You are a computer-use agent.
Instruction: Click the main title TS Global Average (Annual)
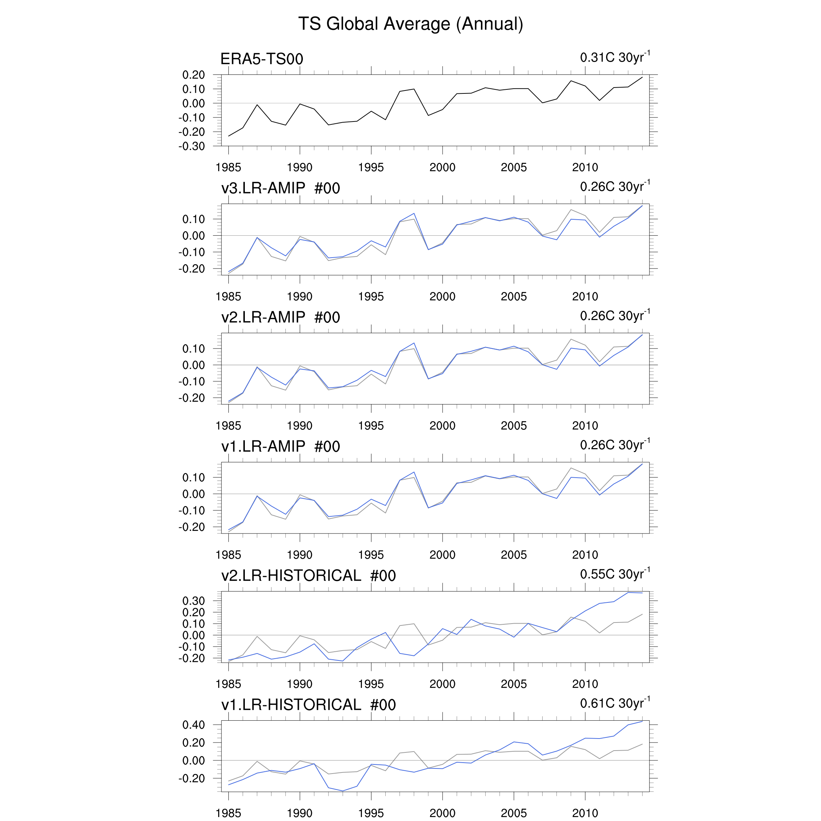point(410,24)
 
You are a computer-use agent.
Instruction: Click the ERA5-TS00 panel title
point(262,59)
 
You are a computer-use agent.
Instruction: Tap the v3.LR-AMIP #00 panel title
point(281,188)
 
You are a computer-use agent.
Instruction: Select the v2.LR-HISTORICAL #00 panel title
point(308,576)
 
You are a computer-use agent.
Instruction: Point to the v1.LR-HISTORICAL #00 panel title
point(308,705)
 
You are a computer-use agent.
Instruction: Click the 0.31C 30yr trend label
point(614,57)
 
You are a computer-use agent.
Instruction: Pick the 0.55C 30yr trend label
point(614,574)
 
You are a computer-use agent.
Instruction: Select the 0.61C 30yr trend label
point(614,703)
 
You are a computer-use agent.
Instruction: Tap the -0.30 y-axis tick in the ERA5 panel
point(192,146)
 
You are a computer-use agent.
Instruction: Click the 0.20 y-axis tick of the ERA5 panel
point(193,75)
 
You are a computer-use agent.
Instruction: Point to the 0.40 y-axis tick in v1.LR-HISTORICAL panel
point(193,725)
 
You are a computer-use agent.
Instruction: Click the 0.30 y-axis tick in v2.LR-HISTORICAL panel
point(193,601)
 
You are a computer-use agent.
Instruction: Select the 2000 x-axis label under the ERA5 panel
point(442,167)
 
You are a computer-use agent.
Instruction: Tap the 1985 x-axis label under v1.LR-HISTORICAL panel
point(228,813)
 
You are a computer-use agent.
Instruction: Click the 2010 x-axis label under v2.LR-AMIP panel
point(585,426)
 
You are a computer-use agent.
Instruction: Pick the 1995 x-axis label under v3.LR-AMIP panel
point(371,297)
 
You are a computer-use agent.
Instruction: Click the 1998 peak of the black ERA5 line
point(414,89)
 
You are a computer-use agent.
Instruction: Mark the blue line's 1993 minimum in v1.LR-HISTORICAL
point(343,791)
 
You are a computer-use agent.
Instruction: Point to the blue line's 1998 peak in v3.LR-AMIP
point(414,213)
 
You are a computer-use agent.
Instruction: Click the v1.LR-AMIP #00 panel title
point(281,447)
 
